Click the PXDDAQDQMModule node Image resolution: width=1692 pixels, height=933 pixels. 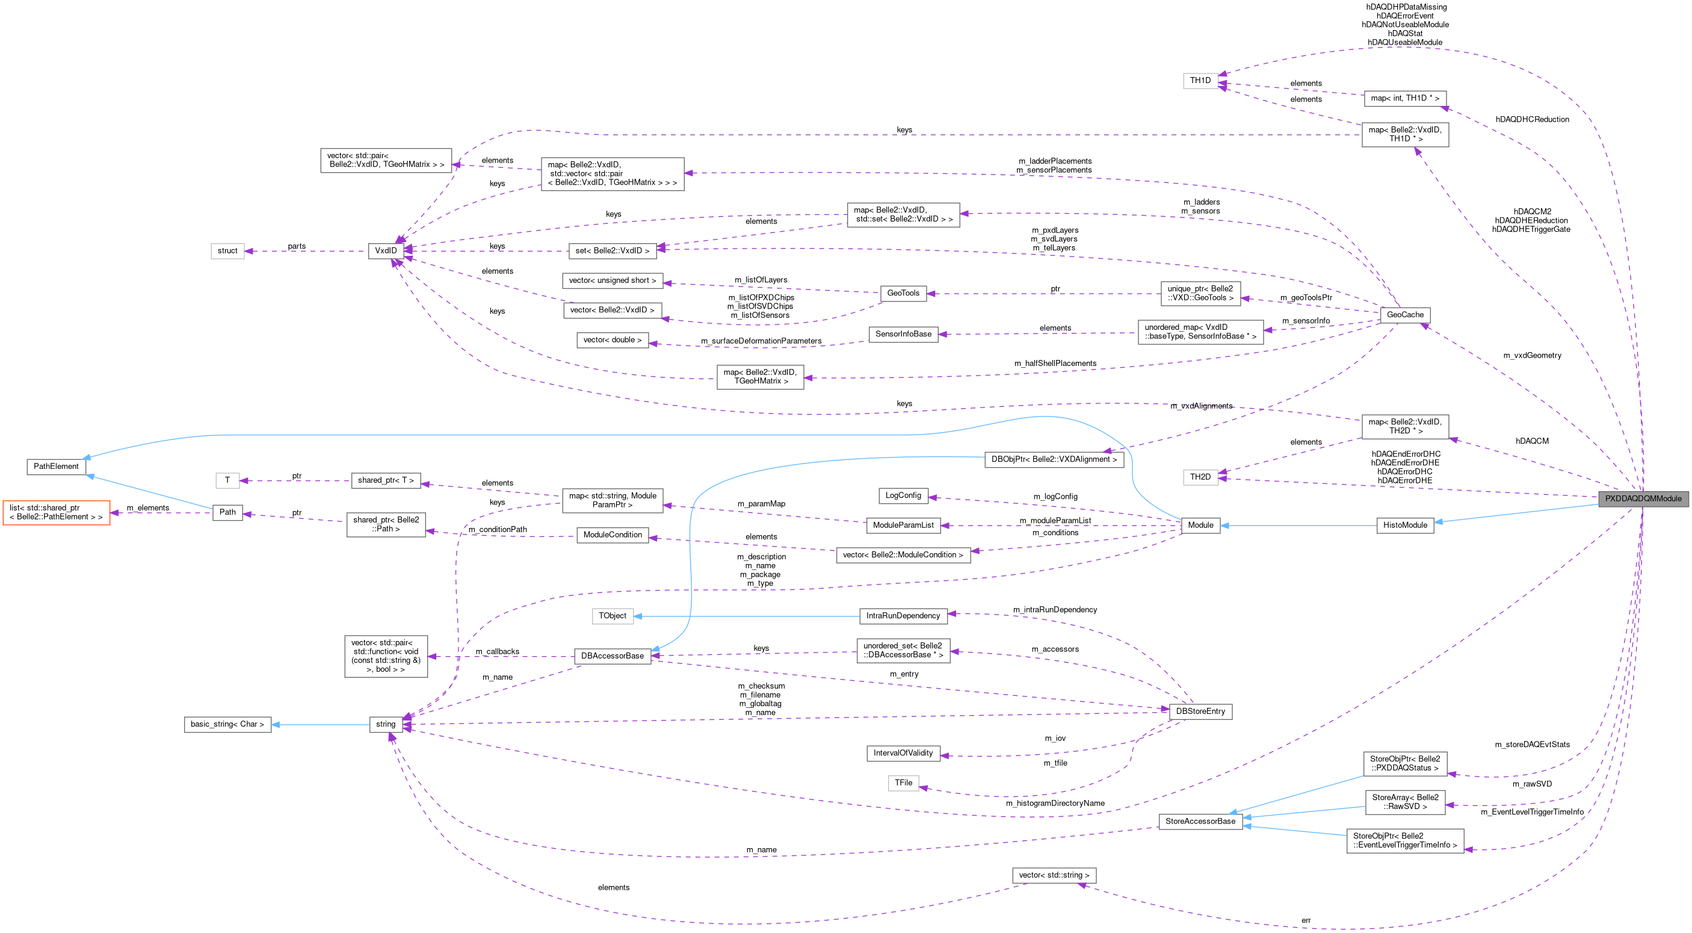click(1643, 498)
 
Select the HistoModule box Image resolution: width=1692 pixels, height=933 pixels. click(1405, 525)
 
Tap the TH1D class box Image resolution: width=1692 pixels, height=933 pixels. click(1200, 80)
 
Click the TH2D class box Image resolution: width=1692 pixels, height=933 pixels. click(1200, 477)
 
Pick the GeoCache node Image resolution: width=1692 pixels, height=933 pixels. click(1405, 315)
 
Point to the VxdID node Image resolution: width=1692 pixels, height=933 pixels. click(386, 250)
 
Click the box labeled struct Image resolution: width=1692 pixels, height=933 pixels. click(227, 250)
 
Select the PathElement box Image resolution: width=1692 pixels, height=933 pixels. click(56, 466)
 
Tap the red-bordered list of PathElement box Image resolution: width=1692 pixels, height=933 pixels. click(56, 512)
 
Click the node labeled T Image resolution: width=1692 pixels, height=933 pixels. click(227, 480)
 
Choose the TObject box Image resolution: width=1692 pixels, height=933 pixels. click(612, 616)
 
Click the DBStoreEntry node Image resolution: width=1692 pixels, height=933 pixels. click(1200, 711)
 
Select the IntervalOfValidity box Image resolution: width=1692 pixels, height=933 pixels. click(903, 753)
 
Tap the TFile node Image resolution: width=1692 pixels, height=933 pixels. click(903, 783)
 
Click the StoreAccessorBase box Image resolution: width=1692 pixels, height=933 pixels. click(1200, 821)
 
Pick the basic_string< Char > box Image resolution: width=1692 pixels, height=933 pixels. click(227, 724)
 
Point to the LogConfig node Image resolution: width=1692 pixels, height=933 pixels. click(903, 495)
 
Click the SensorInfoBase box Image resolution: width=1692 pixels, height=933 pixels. click(903, 334)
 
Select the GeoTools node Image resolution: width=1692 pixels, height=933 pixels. click(903, 293)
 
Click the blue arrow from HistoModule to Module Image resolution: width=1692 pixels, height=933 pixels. click(1300, 525)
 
